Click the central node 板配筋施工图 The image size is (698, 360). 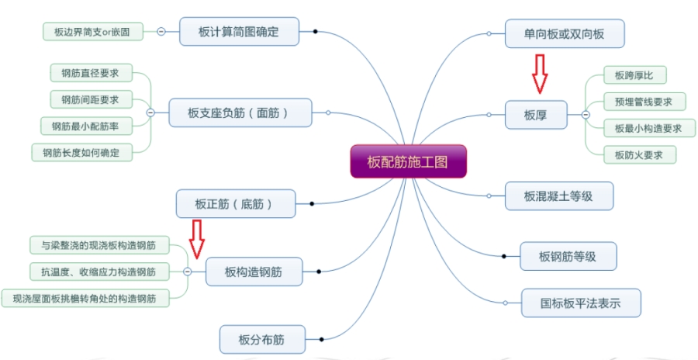coord(408,161)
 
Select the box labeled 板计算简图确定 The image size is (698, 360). coord(239,32)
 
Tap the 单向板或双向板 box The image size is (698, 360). coord(565,34)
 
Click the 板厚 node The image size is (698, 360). coord(536,115)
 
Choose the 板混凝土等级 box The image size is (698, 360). coord(559,196)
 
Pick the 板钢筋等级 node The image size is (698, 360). coord(568,256)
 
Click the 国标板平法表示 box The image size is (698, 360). coord(581,303)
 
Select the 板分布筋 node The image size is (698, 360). coord(263,340)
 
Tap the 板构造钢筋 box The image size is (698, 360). coord(254,272)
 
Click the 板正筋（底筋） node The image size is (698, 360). coord(236,203)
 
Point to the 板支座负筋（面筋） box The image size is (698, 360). coord(240,112)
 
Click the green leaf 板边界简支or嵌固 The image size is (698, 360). coord(93,32)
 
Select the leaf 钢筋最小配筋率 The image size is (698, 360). coord(86,126)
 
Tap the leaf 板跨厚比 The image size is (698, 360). coord(634,75)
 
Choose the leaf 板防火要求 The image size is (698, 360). coord(640,155)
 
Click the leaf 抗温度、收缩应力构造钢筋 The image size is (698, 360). coord(99,272)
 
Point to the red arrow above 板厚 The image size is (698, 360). coord(540,74)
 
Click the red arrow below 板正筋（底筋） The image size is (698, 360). coord(196,239)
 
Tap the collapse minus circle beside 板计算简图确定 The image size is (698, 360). coord(161,32)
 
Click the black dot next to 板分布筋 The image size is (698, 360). coord(321,340)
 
